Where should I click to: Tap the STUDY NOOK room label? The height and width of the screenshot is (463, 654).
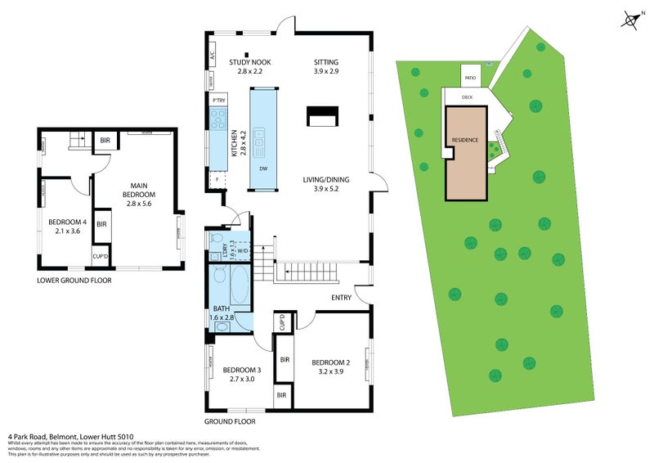249,67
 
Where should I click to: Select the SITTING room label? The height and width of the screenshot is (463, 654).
325,67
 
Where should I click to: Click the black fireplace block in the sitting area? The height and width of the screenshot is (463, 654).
320,116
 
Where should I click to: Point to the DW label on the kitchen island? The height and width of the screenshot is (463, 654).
262,169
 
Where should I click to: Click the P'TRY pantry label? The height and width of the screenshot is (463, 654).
218,100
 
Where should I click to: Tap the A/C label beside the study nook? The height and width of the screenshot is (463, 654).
211,57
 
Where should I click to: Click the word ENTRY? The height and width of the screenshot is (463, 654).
342,298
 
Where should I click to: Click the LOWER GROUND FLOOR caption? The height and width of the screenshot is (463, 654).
74,281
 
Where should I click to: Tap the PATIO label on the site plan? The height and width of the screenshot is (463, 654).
470,78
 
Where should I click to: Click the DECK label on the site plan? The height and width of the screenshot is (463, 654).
467,97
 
